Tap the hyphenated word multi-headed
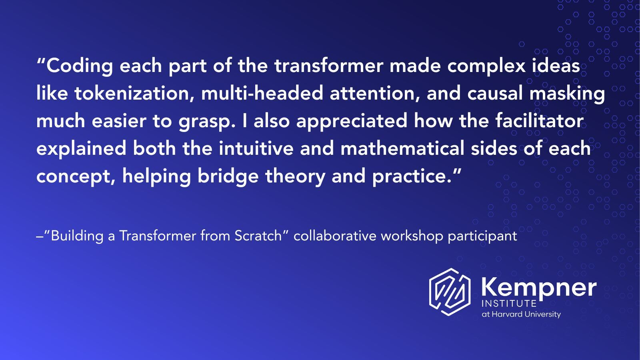click(x=262, y=94)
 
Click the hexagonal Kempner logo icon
click(x=450, y=292)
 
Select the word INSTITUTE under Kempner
click(x=509, y=304)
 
